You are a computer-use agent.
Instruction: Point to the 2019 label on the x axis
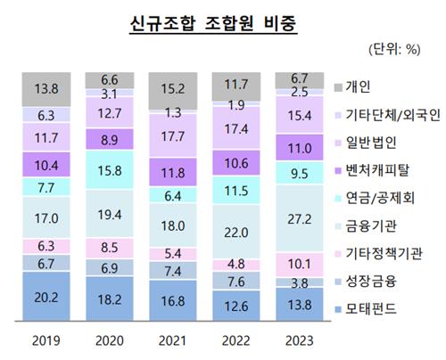tap(45, 342)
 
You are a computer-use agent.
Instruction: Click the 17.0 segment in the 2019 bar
tap(45, 217)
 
